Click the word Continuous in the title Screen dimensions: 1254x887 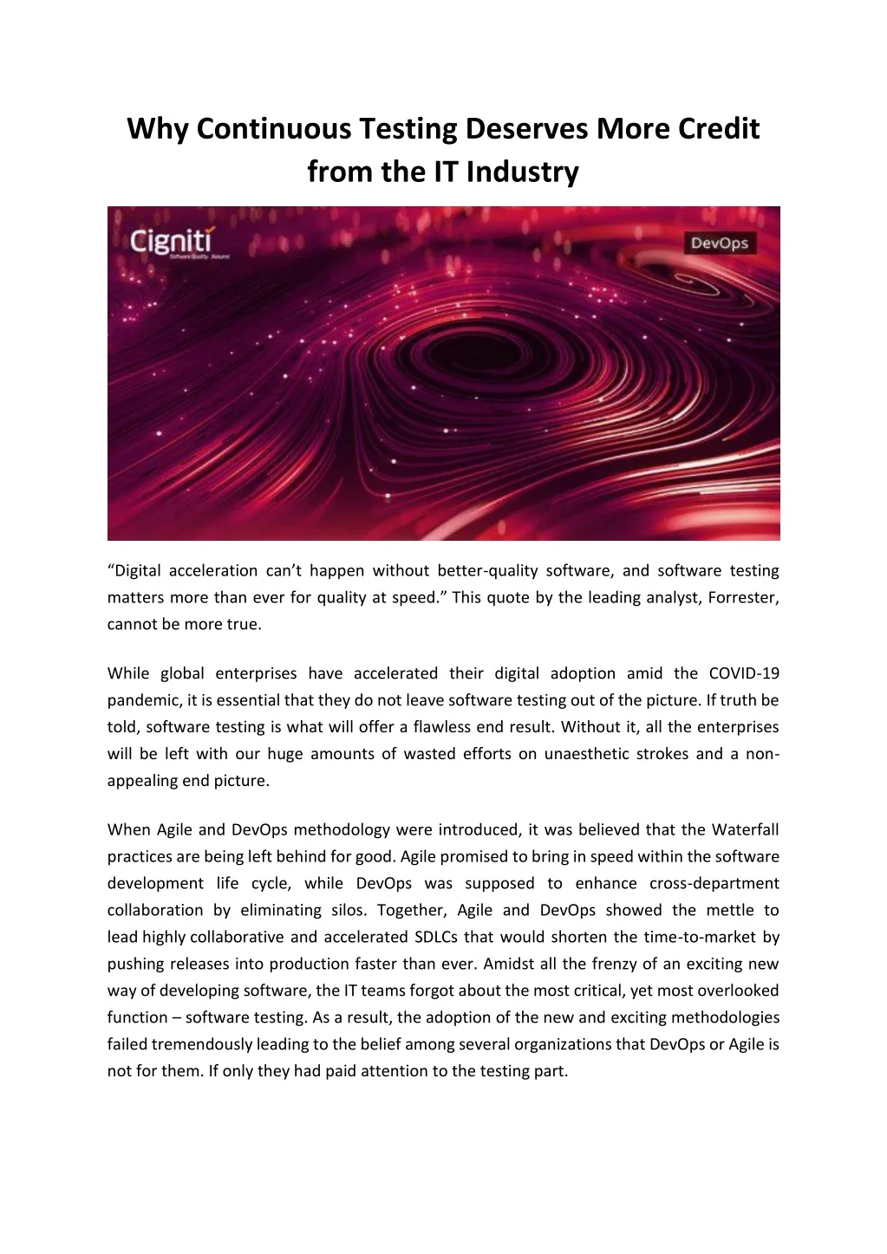[273, 129]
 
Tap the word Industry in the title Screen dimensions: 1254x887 [522, 172]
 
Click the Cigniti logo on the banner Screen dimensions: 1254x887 [173, 242]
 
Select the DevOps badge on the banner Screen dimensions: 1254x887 [720, 244]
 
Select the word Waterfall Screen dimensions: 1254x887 [746, 829]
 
